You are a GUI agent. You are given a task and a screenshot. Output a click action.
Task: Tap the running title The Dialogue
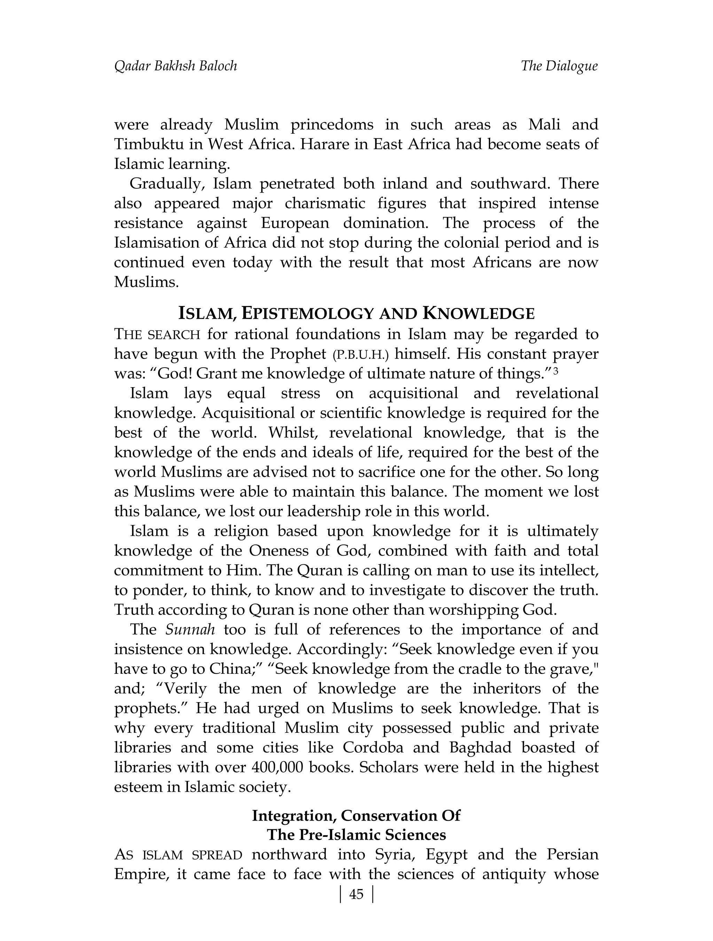pos(559,66)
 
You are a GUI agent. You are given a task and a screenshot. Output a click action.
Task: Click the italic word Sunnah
pos(190,629)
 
